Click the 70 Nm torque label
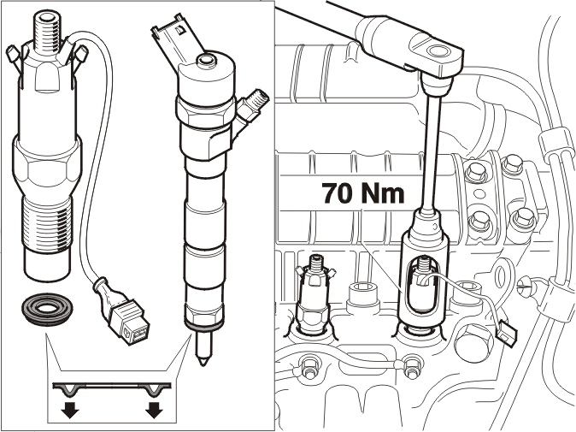[x=363, y=193]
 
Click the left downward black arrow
[x=70, y=410]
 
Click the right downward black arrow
[x=154, y=410]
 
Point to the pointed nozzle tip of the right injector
[x=202, y=347]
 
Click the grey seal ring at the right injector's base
[x=203, y=326]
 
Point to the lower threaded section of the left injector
[x=47, y=224]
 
